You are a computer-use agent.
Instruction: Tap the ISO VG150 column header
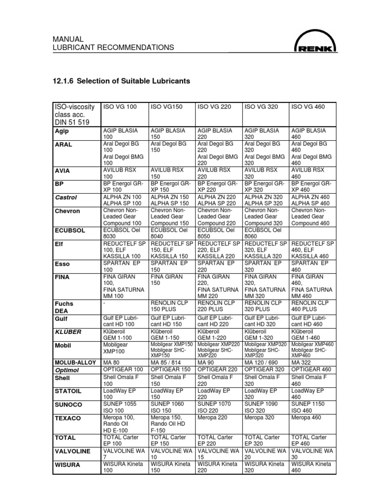coord(166,107)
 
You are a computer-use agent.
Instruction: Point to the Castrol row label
coord(66,197)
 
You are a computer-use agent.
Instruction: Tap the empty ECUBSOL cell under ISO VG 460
coord(313,234)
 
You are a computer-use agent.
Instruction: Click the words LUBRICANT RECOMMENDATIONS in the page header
coord(113,48)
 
